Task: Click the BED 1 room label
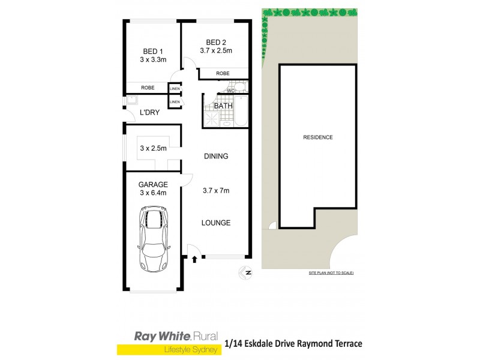pos(153,51)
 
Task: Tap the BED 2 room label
pos(216,42)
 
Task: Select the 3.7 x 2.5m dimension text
pos(216,50)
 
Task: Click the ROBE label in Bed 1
pos(148,88)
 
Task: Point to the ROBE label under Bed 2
pos(223,73)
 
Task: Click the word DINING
pos(216,156)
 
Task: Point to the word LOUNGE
pos(216,223)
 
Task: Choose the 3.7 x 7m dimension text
pos(216,191)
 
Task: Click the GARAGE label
pos(153,184)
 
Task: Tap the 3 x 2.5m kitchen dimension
pos(153,148)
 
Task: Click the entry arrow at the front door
pos(195,260)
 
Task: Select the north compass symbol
pos(244,273)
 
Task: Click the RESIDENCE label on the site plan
pos(318,137)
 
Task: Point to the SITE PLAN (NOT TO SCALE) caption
pos(331,273)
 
